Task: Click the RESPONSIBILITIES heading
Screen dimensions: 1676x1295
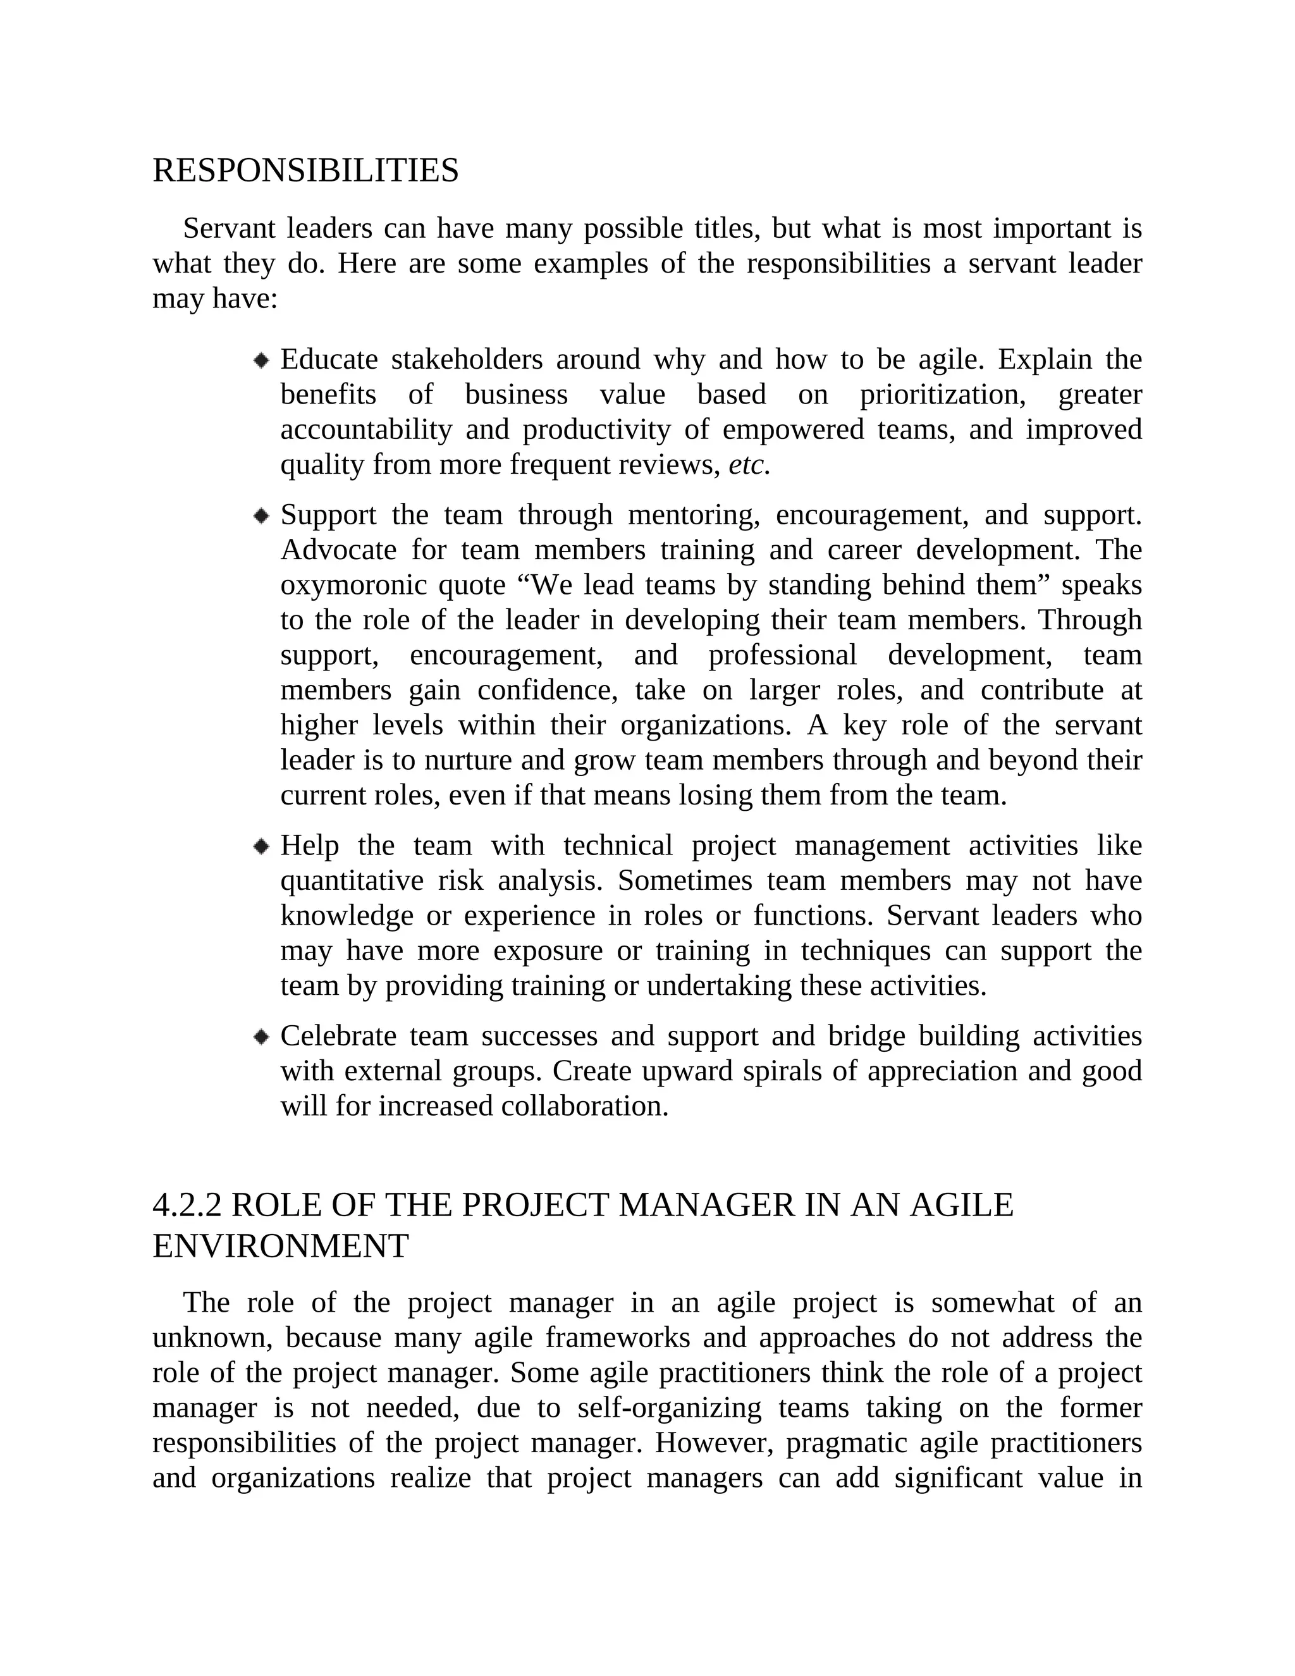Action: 305,170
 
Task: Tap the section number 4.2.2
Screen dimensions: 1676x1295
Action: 187,1205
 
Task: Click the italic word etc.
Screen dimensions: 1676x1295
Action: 748,465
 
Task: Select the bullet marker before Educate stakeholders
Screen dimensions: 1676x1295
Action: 262,360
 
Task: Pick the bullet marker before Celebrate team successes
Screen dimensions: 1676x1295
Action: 262,1037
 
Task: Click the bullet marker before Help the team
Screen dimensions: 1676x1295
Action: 262,846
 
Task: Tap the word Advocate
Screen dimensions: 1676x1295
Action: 338,550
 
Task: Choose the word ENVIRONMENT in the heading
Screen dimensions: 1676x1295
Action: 280,1247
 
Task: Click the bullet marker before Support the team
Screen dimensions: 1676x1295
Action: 262,515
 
